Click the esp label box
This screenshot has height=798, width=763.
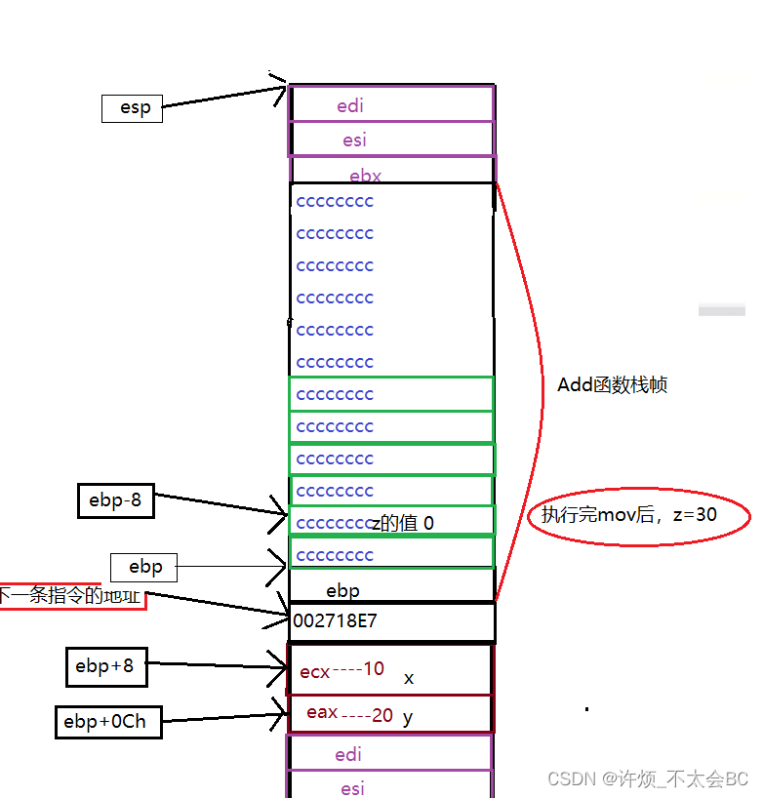point(132,108)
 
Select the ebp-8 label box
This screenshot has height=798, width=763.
point(115,501)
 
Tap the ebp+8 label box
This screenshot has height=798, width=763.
point(104,667)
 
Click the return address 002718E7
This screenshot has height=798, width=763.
point(335,620)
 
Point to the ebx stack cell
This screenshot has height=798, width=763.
point(366,177)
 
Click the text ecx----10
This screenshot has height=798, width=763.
point(342,670)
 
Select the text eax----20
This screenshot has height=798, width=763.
point(349,714)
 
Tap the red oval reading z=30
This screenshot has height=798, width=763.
point(639,515)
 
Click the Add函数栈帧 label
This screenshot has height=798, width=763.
point(613,385)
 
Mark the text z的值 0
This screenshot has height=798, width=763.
point(401,524)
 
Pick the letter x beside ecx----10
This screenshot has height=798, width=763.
point(409,678)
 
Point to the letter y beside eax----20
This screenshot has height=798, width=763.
point(408,718)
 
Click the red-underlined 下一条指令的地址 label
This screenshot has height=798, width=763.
point(70,595)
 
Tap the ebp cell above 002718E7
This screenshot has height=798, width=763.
point(342,590)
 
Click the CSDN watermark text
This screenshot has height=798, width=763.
point(648,778)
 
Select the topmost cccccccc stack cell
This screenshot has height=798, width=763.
point(335,202)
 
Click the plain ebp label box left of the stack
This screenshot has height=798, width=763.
point(145,567)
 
